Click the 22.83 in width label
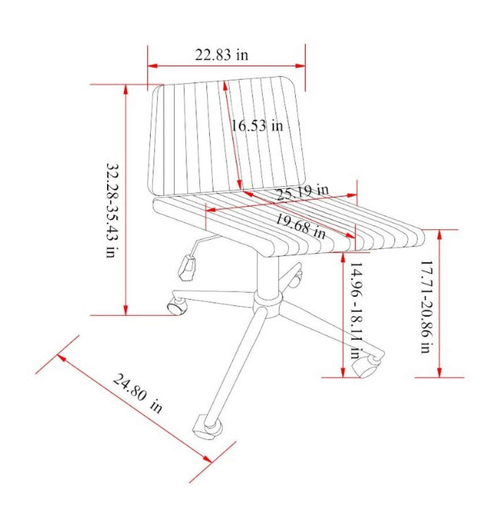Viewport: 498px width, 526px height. (x=222, y=55)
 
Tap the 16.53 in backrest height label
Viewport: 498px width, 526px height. (x=257, y=125)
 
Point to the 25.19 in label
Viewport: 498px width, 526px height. (x=303, y=191)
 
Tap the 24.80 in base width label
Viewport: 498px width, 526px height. (x=137, y=393)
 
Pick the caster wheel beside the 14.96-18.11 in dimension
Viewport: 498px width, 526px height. (x=367, y=365)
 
